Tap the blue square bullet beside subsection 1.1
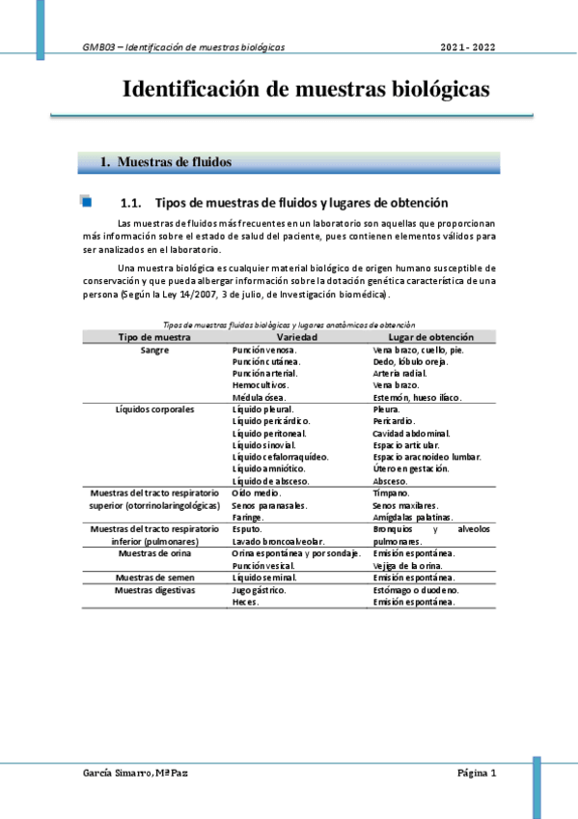[86, 203]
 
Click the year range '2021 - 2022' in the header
[468, 47]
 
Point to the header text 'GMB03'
[98, 47]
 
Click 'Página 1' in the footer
[477, 774]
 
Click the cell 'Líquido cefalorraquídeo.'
[281, 456]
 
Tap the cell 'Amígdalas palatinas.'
[412, 517]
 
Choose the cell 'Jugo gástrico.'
[262, 589]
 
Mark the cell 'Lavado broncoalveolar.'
[278, 541]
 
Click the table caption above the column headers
[289, 325]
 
